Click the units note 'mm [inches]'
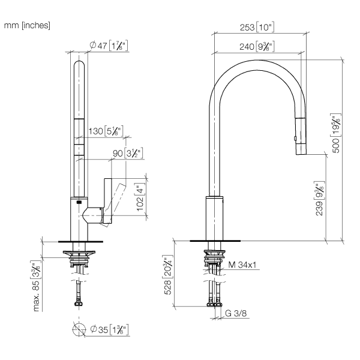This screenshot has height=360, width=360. tap(27, 25)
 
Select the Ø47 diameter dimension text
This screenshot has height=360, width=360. tap(109, 46)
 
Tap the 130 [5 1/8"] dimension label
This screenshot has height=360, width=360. tap(106, 131)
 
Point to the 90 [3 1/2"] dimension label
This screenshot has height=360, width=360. tap(128, 153)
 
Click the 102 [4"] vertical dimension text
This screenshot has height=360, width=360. tap(140, 197)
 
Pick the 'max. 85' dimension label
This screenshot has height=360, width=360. tap(36, 286)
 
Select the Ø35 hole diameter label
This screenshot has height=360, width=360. tap(109, 329)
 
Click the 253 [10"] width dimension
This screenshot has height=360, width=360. tap(257, 27)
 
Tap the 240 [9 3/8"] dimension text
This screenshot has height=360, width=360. tap(257, 47)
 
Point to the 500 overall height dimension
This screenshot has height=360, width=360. tap(336, 133)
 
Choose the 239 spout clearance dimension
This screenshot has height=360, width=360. tap(319, 199)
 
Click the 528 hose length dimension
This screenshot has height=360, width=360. tap(168, 275)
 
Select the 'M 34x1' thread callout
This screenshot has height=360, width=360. tap(242, 265)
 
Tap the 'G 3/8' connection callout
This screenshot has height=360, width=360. tap(236, 313)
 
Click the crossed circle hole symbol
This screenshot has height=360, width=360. tap(79, 329)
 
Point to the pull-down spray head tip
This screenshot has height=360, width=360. tap(301, 154)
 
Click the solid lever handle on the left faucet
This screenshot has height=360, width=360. tap(108, 200)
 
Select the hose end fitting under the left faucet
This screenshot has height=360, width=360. tap(79, 304)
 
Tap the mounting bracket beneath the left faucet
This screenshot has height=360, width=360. tap(79, 253)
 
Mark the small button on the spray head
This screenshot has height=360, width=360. tap(295, 138)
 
